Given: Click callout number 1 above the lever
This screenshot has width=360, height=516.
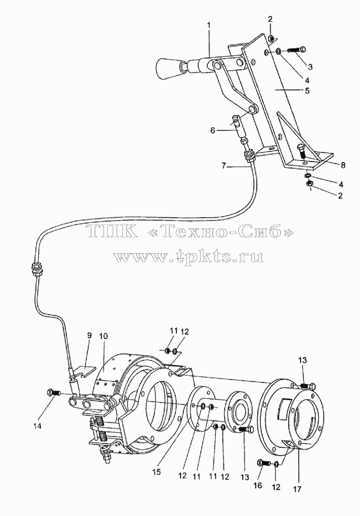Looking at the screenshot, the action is pos(209,25).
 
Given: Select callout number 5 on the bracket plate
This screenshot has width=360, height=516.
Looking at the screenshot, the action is pos(307,90).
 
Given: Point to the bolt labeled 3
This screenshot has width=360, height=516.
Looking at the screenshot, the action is pos(297,50).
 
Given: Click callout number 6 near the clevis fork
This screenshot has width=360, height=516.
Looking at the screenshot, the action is pos(213,131).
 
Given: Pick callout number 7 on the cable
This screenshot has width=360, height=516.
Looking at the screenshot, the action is pos(224,167).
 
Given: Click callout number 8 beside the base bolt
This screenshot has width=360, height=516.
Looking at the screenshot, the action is pos(343,166).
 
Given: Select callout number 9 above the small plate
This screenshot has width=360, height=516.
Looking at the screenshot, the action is pos(89,336).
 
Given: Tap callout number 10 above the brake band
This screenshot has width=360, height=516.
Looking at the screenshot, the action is pos(103,336).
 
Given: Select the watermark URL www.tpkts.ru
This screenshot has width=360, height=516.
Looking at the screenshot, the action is pos(188,257).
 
